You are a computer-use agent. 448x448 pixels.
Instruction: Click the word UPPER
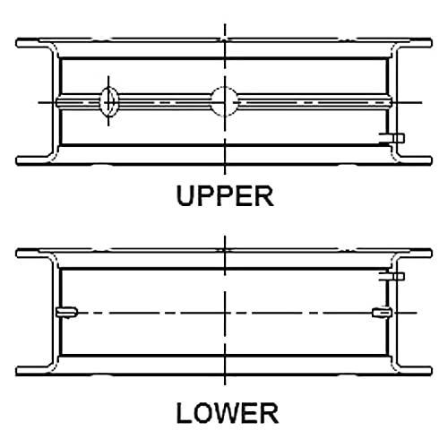point(225,195)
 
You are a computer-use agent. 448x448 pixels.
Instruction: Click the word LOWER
point(228,413)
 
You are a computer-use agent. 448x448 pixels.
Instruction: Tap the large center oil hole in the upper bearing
point(225,101)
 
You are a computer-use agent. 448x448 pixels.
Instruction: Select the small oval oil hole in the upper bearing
point(108,101)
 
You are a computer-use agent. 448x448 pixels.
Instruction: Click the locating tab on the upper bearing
point(392,138)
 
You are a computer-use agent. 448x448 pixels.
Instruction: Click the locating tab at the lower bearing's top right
point(392,276)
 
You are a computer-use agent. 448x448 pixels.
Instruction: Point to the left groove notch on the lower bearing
point(66,313)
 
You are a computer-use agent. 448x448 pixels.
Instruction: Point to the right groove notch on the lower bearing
point(382,313)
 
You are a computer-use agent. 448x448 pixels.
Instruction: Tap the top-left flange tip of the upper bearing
point(17,43)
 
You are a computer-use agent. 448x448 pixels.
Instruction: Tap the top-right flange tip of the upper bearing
point(431,43)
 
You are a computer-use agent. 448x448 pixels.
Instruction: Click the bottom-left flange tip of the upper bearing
point(17,161)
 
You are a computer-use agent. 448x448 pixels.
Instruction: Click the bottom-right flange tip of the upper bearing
point(431,161)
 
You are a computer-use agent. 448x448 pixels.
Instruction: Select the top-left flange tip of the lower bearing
point(17,254)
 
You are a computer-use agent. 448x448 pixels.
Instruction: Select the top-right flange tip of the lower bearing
point(431,254)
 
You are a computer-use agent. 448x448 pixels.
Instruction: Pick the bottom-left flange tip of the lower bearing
point(17,371)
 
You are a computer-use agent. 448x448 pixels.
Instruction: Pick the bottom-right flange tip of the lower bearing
point(431,371)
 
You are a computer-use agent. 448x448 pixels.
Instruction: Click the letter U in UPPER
point(185,196)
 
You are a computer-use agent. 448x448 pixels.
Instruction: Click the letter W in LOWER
point(226,413)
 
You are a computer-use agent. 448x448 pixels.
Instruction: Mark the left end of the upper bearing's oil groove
point(56,101)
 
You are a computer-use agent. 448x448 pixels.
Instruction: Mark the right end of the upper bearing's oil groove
point(391,101)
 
